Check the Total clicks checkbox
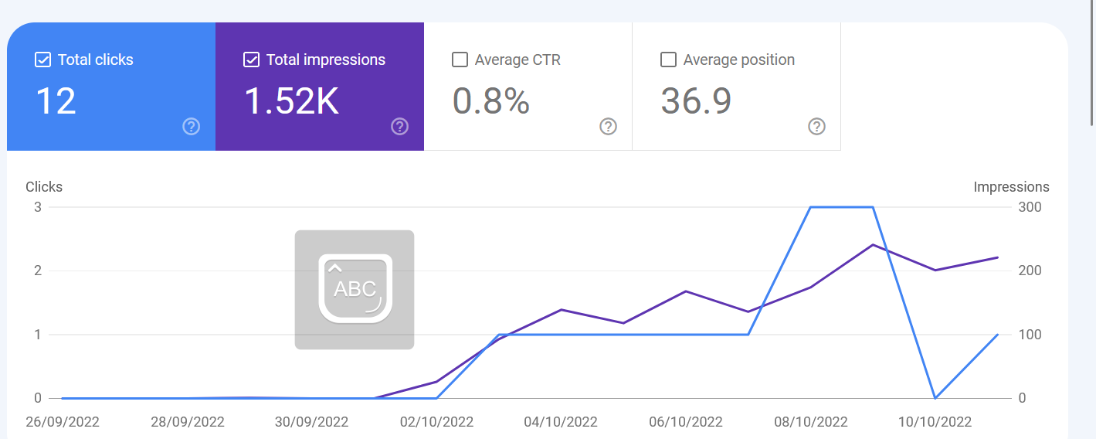coord(42,60)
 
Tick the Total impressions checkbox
coord(251,60)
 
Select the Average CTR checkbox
coord(460,60)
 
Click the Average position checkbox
coord(668,60)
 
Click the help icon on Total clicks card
coord(192,126)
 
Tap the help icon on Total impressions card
coord(400,126)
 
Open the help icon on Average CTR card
coord(608,126)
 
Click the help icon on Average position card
coord(816,126)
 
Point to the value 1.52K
coord(292,101)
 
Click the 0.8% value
coord(490,101)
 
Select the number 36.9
coord(696,101)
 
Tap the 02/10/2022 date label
coord(436,422)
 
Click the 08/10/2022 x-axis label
coord(811,422)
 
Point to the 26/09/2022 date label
coord(62,422)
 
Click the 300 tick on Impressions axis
coord(1030,207)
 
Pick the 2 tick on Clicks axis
coord(38,271)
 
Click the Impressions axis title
coord(1011,187)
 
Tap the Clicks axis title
coord(44,187)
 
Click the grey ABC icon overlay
coord(355,290)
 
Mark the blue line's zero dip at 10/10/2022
coord(935,398)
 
